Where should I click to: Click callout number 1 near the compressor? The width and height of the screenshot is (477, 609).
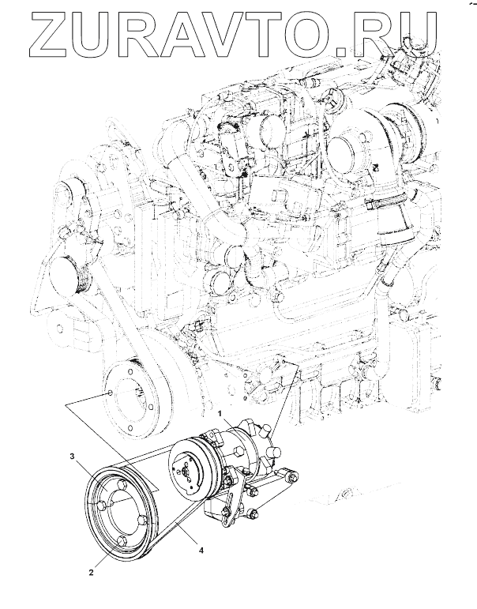point(220,414)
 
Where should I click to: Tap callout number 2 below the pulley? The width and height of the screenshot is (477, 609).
point(92,573)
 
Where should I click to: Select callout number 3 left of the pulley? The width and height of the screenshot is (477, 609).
point(72,457)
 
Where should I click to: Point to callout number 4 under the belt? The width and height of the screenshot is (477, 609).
point(201,550)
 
